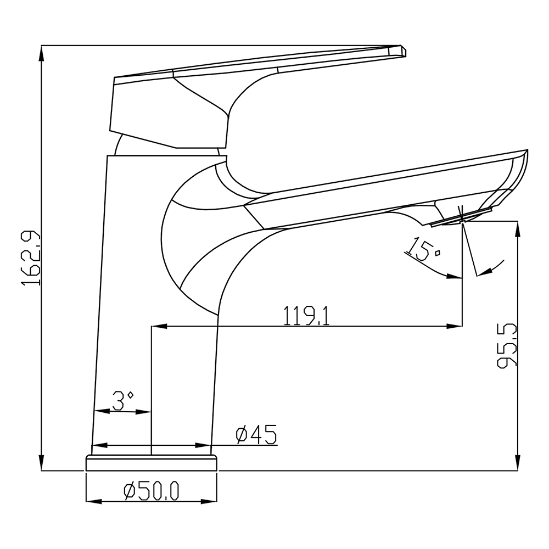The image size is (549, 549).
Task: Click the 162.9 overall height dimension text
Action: (31, 257)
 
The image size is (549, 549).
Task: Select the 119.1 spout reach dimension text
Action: (306, 316)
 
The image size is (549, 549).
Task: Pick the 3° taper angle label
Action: (122, 401)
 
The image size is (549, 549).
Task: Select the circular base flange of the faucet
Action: (152, 463)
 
